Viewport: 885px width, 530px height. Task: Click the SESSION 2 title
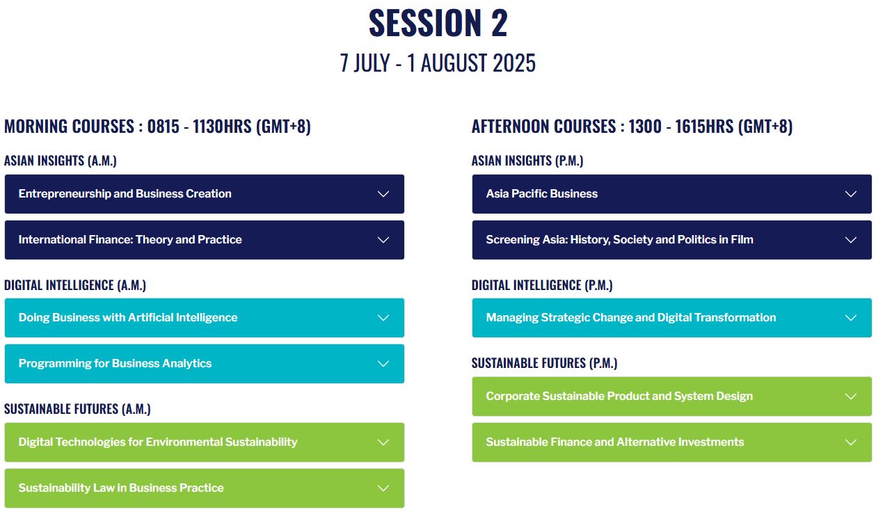click(438, 23)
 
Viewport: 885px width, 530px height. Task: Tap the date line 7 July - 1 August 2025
click(438, 63)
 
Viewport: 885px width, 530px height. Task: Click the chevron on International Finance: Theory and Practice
click(383, 240)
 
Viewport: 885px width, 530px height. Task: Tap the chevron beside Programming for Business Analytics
click(383, 363)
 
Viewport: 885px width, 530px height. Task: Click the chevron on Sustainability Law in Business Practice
click(383, 488)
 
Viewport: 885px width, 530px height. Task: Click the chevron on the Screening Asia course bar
click(851, 240)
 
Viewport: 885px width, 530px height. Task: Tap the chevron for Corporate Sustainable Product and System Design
click(851, 396)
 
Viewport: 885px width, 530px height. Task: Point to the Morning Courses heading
click(157, 127)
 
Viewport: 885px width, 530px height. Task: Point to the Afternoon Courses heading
click(632, 127)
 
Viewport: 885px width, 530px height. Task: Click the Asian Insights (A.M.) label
click(61, 161)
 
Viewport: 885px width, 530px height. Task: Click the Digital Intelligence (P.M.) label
click(542, 285)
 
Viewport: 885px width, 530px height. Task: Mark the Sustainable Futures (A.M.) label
click(77, 409)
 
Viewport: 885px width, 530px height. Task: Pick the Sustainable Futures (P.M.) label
click(545, 363)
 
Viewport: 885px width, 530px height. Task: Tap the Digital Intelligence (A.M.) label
click(75, 285)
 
